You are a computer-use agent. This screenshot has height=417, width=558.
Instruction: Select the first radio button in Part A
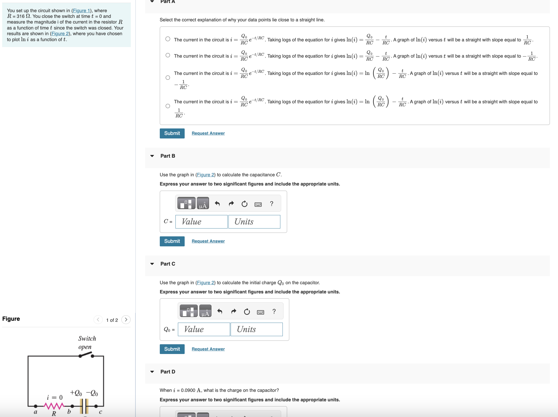click(168, 39)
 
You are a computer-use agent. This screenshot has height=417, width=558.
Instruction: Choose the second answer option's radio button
click(168, 55)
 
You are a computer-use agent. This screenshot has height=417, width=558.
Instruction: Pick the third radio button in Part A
click(168, 78)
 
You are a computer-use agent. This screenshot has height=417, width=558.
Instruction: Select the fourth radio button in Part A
click(168, 106)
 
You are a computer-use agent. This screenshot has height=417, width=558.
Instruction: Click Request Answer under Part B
click(208, 241)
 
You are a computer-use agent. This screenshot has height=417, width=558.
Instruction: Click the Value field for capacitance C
click(201, 222)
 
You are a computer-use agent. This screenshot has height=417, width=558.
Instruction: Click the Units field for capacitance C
click(254, 222)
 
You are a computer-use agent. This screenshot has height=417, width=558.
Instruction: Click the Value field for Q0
click(204, 329)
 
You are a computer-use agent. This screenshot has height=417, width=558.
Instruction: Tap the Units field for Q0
click(257, 329)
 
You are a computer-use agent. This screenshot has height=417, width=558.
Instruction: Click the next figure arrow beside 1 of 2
click(126, 320)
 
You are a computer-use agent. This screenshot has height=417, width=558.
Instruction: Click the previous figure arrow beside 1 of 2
click(98, 320)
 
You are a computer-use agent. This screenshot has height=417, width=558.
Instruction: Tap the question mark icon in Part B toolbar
click(272, 204)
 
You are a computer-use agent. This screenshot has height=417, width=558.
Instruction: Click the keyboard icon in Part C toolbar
click(261, 312)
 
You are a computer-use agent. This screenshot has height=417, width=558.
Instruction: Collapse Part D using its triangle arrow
click(152, 372)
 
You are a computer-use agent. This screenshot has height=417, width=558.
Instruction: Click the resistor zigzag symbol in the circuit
click(54, 406)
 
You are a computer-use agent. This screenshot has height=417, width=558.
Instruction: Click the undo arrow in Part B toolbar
click(217, 204)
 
